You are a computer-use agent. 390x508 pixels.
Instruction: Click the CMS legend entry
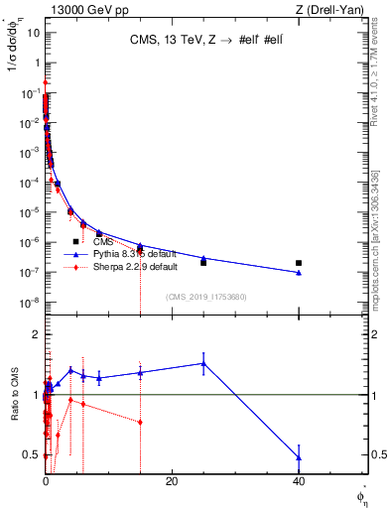pos(102,241)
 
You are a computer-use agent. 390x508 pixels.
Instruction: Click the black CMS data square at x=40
pos(299,263)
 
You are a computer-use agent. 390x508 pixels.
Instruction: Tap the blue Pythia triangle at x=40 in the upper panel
pos(299,273)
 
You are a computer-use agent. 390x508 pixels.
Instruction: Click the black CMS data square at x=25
pos(203,262)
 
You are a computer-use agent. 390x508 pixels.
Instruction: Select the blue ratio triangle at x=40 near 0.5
pos(299,457)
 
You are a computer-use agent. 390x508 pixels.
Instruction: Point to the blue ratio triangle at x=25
pos(203,363)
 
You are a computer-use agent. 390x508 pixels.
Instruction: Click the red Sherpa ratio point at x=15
pos(141,422)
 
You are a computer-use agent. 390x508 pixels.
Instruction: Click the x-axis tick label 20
pos(172,481)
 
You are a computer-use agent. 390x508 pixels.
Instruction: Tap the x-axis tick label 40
pos(299,481)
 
